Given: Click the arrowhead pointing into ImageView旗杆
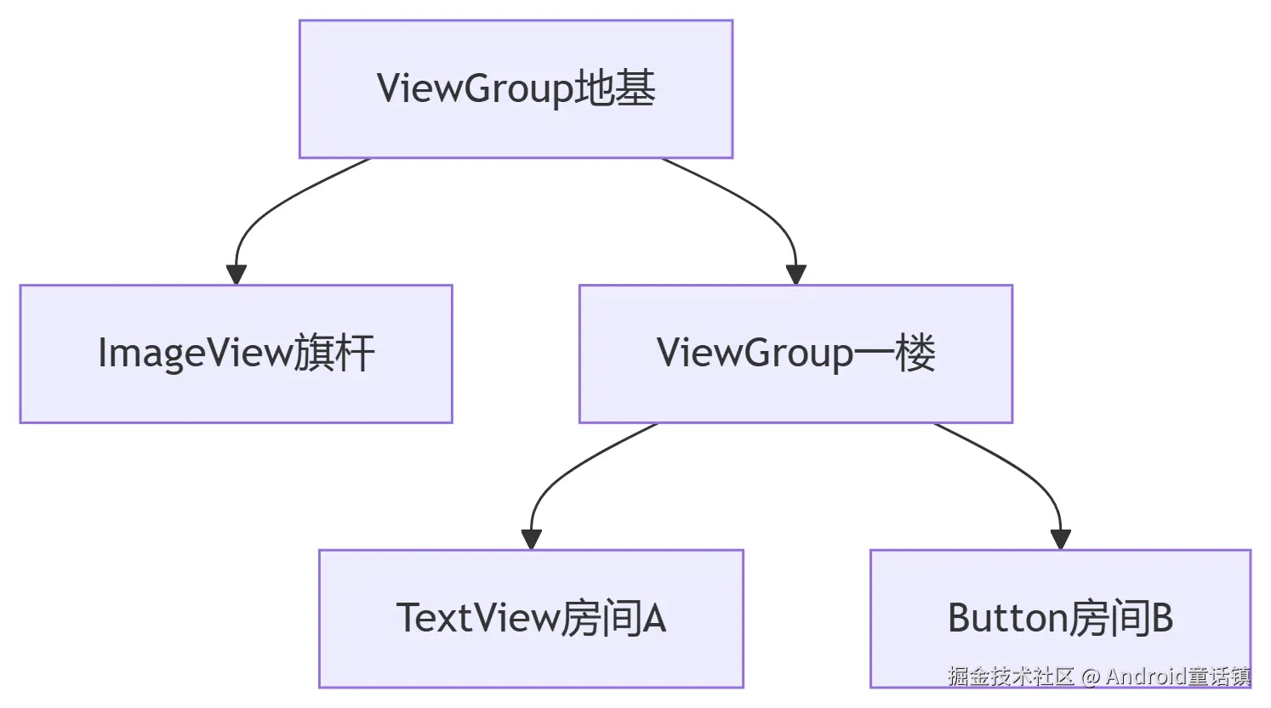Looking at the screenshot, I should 237,275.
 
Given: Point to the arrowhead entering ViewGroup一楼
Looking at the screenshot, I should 795,275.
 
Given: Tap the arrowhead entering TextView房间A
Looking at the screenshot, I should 532,539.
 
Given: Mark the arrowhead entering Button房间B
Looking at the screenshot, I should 1060,539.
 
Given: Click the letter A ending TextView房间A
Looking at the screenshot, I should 653,619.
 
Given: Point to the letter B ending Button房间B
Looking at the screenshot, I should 1161,619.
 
